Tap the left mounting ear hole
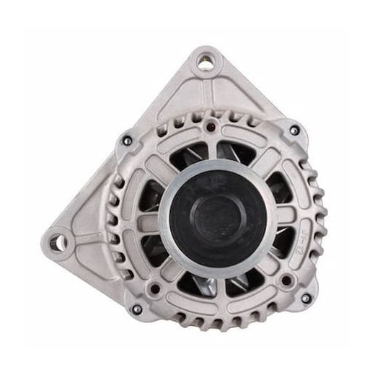(x=58, y=239)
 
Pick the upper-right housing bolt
(x=294, y=131)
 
